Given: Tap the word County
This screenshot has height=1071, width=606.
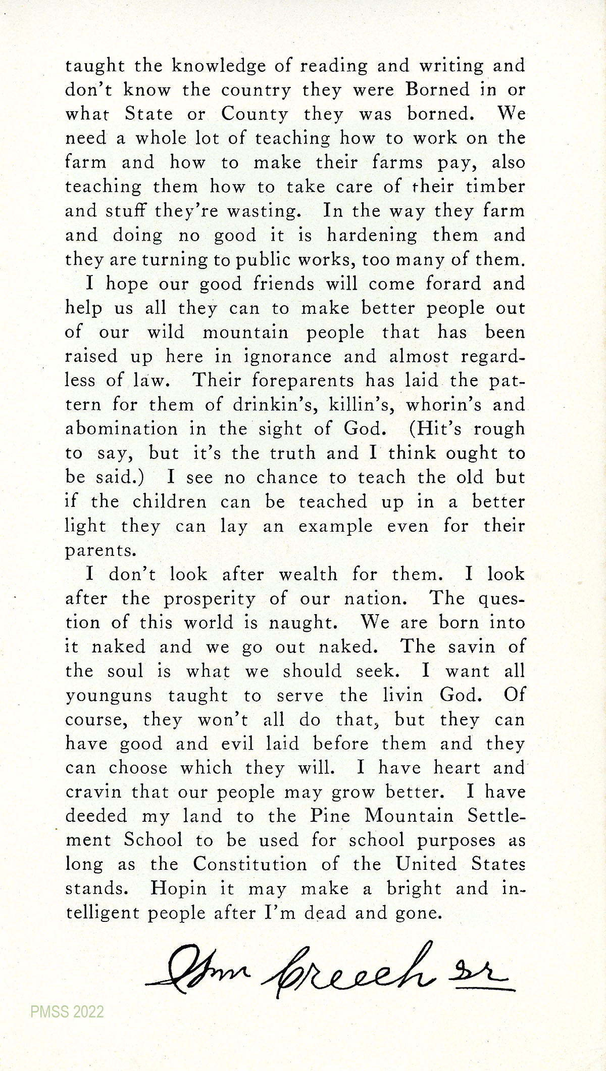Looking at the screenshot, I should tap(255, 114).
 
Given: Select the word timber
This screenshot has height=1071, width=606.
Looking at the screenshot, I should tap(495, 187).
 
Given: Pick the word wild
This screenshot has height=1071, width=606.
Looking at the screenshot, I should tap(166, 332).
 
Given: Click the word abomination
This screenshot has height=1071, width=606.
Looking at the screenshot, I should tap(122, 429).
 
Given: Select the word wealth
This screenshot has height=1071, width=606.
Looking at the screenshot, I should tap(308, 575).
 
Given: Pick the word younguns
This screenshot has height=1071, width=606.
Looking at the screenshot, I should tap(109, 696).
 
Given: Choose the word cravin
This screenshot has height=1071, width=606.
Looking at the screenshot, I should tap(93, 793).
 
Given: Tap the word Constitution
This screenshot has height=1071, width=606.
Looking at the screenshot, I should tap(250, 865).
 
